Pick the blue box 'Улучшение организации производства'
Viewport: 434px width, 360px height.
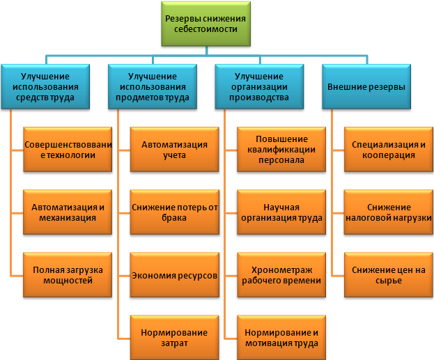[260, 86]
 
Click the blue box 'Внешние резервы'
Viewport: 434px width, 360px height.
[367, 86]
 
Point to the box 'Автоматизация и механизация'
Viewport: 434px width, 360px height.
[68, 212]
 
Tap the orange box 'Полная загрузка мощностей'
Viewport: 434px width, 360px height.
[68, 274]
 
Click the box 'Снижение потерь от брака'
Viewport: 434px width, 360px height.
[175, 212]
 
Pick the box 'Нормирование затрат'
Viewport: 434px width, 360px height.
[175, 338]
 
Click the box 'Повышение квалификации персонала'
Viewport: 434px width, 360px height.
[281, 148]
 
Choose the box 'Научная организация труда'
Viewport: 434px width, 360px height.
[281, 212]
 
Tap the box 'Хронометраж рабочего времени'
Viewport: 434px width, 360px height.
[281, 274]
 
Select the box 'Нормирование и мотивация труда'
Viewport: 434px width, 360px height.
[281, 338]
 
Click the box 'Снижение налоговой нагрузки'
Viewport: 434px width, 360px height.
[389, 212]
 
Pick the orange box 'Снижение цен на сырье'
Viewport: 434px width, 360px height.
[389, 274]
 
